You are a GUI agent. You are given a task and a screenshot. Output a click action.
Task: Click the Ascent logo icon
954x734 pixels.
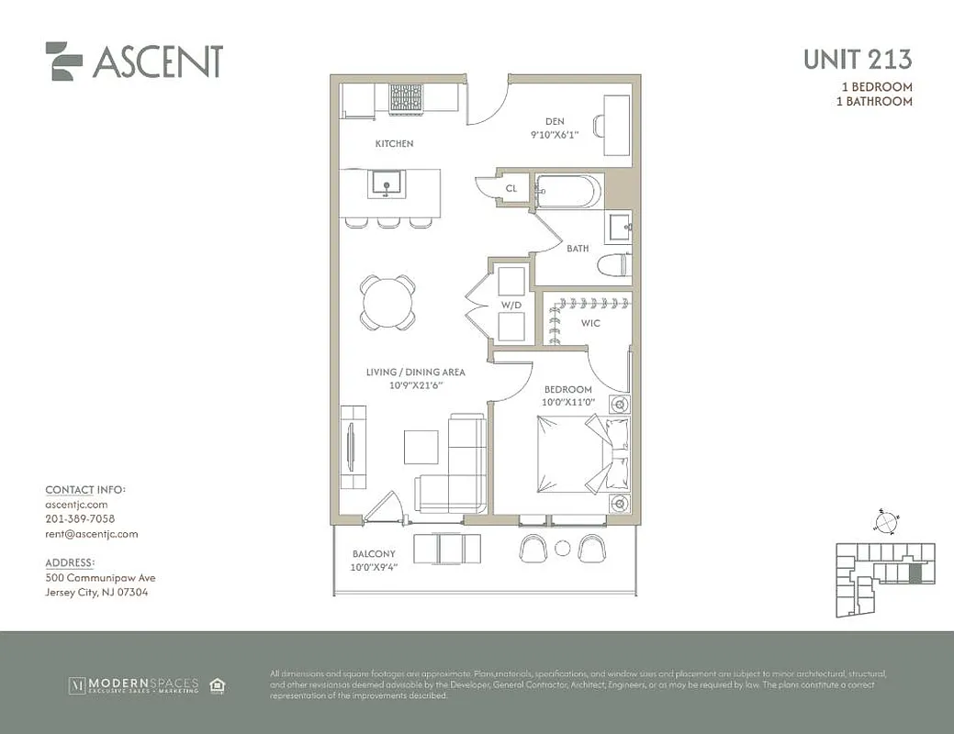(x=64, y=61)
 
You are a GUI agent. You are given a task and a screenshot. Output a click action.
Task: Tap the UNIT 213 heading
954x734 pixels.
(x=858, y=60)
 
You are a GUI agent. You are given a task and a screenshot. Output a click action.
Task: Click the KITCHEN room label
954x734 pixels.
(x=394, y=144)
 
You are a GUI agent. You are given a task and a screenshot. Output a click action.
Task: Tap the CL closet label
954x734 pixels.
(x=511, y=188)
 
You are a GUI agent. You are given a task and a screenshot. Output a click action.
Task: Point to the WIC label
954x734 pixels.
(x=591, y=324)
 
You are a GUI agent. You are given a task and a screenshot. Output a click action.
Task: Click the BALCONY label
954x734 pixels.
(x=374, y=554)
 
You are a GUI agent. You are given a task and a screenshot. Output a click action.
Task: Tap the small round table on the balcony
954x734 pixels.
(x=564, y=549)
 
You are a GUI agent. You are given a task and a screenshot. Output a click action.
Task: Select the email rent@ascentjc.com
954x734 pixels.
(x=92, y=534)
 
